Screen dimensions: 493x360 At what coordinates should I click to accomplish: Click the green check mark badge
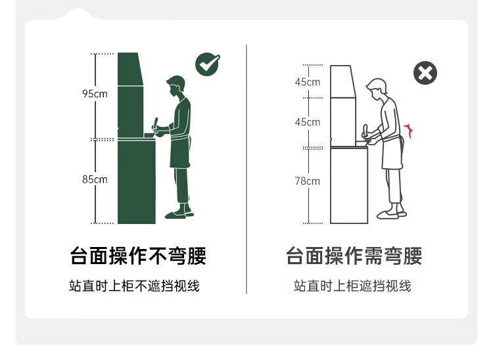pyautogui.click(x=208, y=64)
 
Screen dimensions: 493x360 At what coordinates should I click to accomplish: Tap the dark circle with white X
pyautogui.click(x=425, y=73)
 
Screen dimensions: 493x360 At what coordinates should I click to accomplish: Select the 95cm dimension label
pyautogui.click(x=95, y=93)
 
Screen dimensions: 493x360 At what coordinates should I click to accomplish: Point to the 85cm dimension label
pyautogui.click(x=95, y=179)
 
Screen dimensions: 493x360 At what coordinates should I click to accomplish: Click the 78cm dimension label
pyautogui.click(x=307, y=181)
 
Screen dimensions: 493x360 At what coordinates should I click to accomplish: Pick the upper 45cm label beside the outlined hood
pyautogui.click(x=308, y=82)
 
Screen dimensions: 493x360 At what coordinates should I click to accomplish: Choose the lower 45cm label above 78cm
pyautogui.click(x=308, y=122)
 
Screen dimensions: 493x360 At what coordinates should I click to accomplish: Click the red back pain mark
pyautogui.click(x=409, y=130)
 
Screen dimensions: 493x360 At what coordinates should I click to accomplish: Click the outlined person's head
pyautogui.click(x=377, y=89)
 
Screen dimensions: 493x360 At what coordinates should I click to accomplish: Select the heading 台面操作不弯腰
pyautogui.click(x=138, y=256)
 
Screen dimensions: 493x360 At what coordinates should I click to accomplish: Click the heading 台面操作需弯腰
pyautogui.click(x=354, y=256)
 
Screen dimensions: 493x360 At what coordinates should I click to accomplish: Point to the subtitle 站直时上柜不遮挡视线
pyautogui.click(x=134, y=286)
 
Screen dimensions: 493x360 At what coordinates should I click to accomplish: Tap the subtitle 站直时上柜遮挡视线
pyautogui.click(x=352, y=286)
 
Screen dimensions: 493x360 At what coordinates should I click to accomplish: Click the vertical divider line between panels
pyautogui.click(x=246, y=169)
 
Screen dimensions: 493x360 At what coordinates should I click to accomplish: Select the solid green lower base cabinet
pyautogui.click(x=137, y=181)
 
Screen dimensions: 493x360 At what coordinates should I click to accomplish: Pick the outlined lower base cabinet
pyautogui.click(x=349, y=185)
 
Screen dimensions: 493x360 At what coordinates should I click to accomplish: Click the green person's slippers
pyautogui.click(x=179, y=215)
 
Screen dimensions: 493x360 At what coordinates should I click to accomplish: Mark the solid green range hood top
pyautogui.click(x=129, y=69)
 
